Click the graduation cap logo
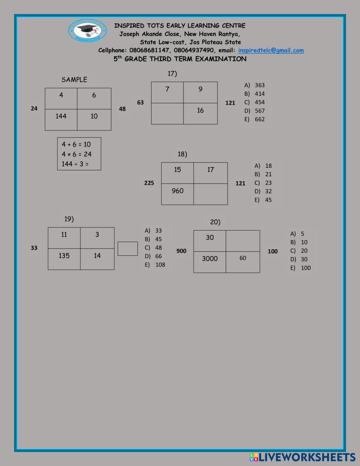point(87,30)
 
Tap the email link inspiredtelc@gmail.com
point(271,50)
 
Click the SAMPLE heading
point(74,80)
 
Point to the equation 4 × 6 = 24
point(77,154)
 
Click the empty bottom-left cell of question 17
point(167,113)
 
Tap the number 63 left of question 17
point(140,102)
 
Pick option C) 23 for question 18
point(264,183)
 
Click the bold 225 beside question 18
point(149,183)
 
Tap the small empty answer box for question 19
point(128,248)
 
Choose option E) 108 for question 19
point(155,265)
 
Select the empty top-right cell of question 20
point(243,241)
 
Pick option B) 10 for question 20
point(299,242)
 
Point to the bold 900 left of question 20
point(181,251)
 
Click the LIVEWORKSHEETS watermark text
point(307,457)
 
